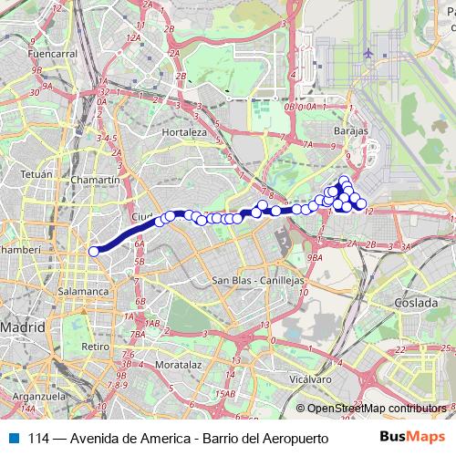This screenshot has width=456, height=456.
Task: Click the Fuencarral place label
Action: coord(49,54)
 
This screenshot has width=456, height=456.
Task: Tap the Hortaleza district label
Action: coord(185,131)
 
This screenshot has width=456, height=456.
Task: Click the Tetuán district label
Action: coord(36,172)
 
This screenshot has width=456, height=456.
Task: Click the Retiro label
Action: coord(95,347)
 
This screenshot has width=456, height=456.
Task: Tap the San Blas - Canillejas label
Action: coord(256,280)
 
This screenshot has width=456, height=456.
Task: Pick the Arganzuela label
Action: coord(36,398)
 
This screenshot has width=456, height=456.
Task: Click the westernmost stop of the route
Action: coord(93,252)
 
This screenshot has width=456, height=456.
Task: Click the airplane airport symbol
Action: coord(368,53)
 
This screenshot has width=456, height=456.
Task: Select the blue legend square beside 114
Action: coord(13,438)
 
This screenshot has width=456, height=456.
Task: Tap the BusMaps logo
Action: coord(411,438)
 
